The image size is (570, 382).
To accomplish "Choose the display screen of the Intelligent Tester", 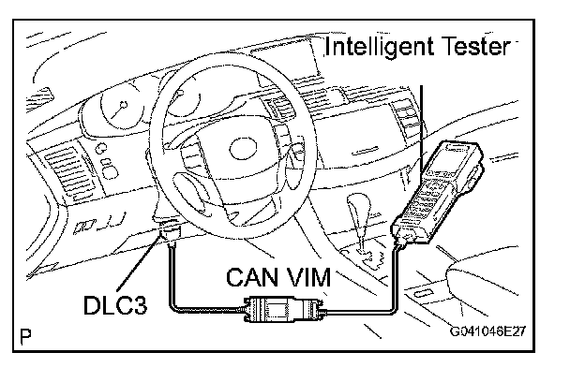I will pos(459,154).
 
